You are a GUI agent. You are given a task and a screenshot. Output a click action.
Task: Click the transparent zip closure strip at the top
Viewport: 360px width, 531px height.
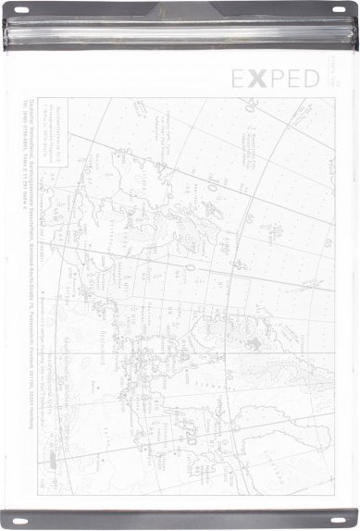[x=180, y=35]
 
